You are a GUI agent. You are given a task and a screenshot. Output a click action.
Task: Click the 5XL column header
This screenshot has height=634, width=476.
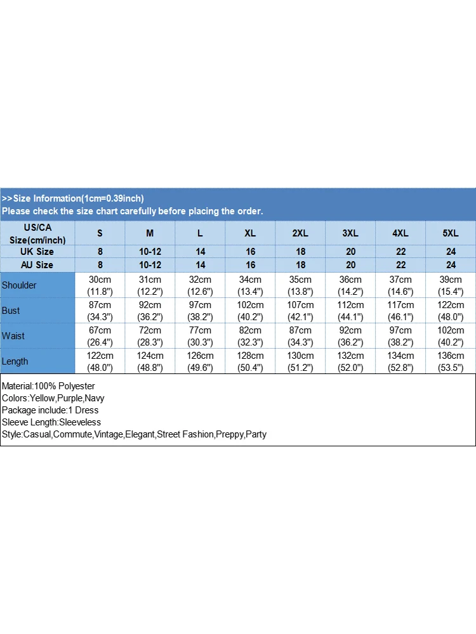[x=451, y=233]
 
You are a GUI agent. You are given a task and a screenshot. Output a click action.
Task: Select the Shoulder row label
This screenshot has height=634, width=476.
[x=19, y=285]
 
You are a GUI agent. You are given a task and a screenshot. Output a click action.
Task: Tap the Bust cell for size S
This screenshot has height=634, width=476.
[x=100, y=311]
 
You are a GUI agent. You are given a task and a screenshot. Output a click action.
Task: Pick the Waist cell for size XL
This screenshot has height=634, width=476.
[x=250, y=336]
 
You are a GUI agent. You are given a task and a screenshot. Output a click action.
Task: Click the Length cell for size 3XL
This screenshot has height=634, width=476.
[x=350, y=361]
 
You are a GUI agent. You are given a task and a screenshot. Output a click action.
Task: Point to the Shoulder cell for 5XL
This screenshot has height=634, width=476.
[x=451, y=285]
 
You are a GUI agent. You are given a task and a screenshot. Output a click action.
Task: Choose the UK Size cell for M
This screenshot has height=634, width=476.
[x=150, y=252]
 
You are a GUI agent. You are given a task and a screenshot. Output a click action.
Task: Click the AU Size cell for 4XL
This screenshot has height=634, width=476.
[x=400, y=265]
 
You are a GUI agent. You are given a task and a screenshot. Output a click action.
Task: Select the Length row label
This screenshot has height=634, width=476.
[x=15, y=361]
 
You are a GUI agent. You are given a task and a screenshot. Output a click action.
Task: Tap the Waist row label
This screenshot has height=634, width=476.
[x=13, y=336]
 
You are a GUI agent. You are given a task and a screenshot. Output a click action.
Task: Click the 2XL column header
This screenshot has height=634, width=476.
[x=300, y=233]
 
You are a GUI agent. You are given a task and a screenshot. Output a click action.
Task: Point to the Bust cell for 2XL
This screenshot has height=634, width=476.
[x=300, y=311]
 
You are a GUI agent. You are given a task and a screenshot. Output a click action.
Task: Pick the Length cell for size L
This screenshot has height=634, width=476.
[x=200, y=361]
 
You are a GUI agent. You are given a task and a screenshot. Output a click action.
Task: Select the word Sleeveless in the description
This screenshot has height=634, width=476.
[x=79, y=422]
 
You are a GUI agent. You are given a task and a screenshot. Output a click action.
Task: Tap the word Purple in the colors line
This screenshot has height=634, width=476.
[x=70, y=398]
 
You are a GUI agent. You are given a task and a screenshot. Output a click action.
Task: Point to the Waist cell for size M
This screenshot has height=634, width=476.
[x=150, y=336]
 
